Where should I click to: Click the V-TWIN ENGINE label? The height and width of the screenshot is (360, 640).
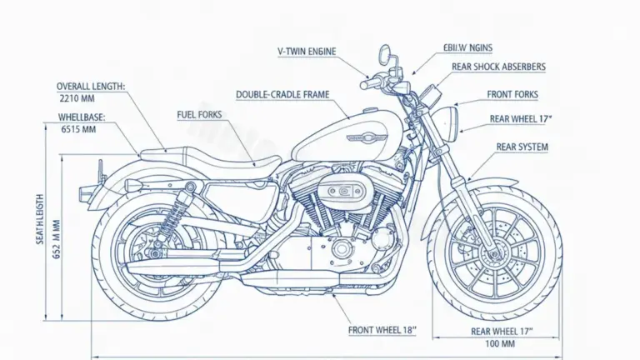tap(307, 52)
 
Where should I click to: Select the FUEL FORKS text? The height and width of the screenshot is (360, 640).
tap(199, 114)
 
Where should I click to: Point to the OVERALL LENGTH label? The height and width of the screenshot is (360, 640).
tap(91, 86)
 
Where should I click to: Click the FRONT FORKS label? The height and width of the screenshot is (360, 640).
tap(512, 94)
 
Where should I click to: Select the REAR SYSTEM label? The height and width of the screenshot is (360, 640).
tap(522, 147)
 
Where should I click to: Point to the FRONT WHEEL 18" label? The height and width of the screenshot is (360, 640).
tap(382, 330)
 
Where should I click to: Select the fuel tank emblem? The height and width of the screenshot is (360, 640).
tap(367, 136)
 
